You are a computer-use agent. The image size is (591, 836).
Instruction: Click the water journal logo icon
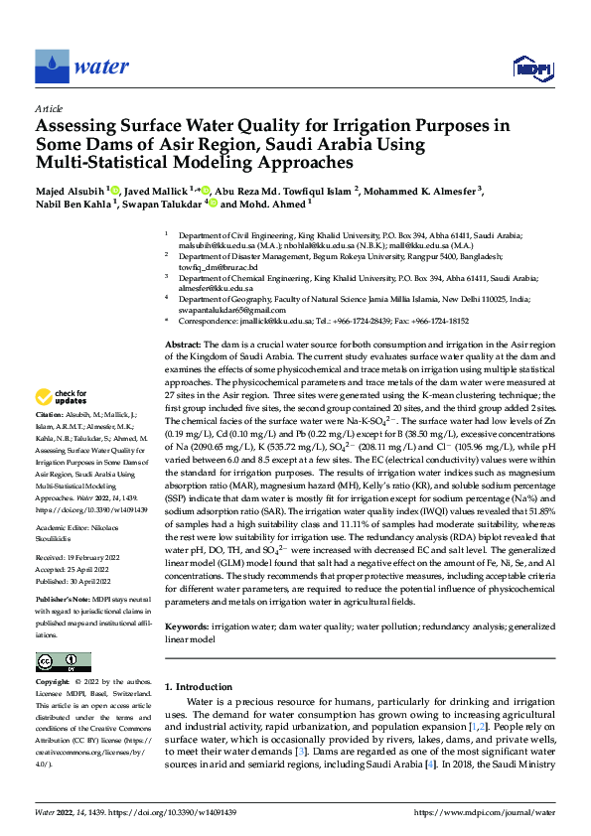(x=51, y=68)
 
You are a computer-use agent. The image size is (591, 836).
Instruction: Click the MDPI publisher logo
(x=532, y=68)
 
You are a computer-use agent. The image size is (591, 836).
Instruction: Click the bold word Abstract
(x=183, y=343)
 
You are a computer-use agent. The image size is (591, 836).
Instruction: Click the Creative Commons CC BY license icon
(x=63, y=662)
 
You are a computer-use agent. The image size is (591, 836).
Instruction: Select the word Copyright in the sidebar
(x=53, y=683)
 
